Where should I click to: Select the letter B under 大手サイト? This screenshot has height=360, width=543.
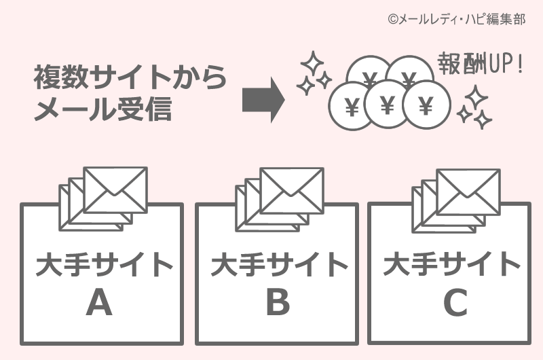pyautogui.click(x=277, y=303)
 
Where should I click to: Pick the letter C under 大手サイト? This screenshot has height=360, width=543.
pyautogui.click(x=455, y=303)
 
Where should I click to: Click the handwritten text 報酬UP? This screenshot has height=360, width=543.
pyautogui.click(x=480, y=66)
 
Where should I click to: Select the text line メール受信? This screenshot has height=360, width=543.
pyautogui.click(x=102, y=109)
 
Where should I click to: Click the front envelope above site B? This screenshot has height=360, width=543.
pyautogui.click(x=292, y=188)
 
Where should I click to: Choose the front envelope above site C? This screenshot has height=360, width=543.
pyautogui.click(x=468, y=190)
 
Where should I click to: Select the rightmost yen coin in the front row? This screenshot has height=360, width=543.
pyautogui.click(x=427, y=106)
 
